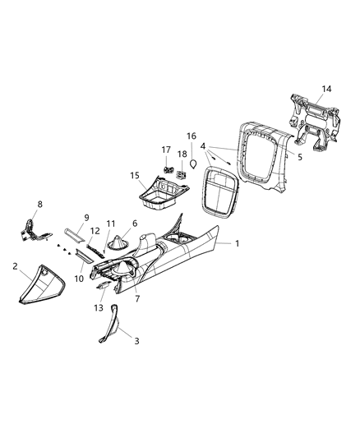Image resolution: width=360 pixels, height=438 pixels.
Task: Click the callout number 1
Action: (x=238, y=244)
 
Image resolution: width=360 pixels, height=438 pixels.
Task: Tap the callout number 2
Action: (x=16, y=266)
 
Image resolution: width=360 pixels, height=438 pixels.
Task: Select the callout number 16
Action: (x=191, y=136)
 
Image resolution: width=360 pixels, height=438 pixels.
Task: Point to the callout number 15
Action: (x=132, y=175)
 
